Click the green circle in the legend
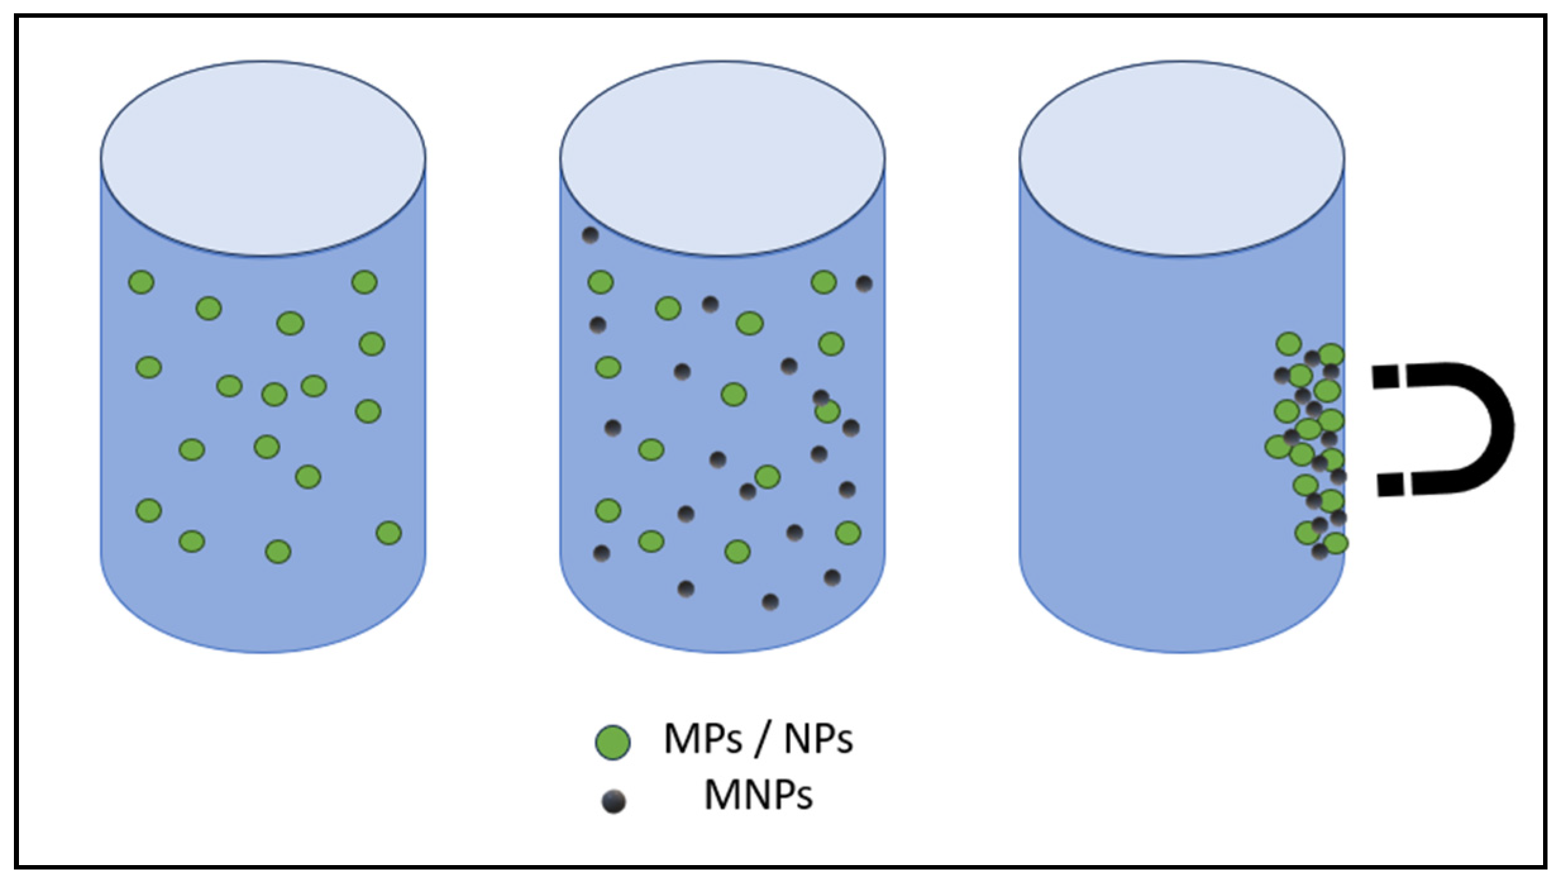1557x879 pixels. pyautogui.click(x=612, y=741)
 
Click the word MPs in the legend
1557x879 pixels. pyautogui.click(x=703, y=739)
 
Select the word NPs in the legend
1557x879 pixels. pyautogui.click(x=818, y=739)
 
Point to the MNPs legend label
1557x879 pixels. pyautogui.click(x=758, y=795)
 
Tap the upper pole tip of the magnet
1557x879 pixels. pyautogui.click(x=1389, y=378)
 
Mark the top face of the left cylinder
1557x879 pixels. pyautogui.click(x=263, y=158)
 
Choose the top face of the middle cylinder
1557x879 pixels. pyautogui.click(x=722, y=158)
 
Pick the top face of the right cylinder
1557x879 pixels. pyautogui.click(x=1181, y=158)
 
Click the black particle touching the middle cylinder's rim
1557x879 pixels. pyautogui.click(x=590, y=235)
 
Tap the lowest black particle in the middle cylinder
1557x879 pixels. pyautogui.click(x=770, y=602)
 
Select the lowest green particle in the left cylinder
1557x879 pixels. pyautogui.click(x=278, y=551)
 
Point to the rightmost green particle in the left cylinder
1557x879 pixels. pyautogui.click(x=388, y=533)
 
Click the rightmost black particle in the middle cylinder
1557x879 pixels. pyautogui.click(x=864, y=284)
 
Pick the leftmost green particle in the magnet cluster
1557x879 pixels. pyautogui.click(x=1277, y=447)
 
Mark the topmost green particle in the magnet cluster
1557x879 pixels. pyautogui.click(x=1289, y=344)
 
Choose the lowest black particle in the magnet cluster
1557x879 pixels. pyautogui.click(x=1319, y=552)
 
